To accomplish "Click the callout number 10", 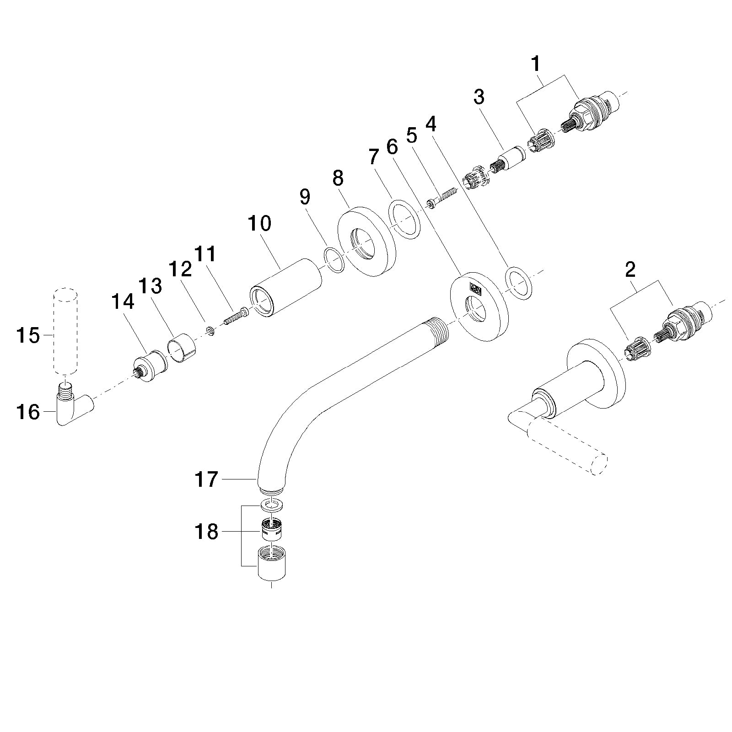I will [x=259, y=224].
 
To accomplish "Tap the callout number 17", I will [x=206, y=480].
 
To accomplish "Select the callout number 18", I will [x=206, y=532].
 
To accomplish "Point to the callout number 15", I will [x=28, y=335].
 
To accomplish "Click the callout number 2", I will [x=630, y=270].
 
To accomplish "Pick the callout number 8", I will [x=338, y=178].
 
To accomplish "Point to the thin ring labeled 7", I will [x=404, y=219].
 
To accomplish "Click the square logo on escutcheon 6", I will [x=475, y=290].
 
